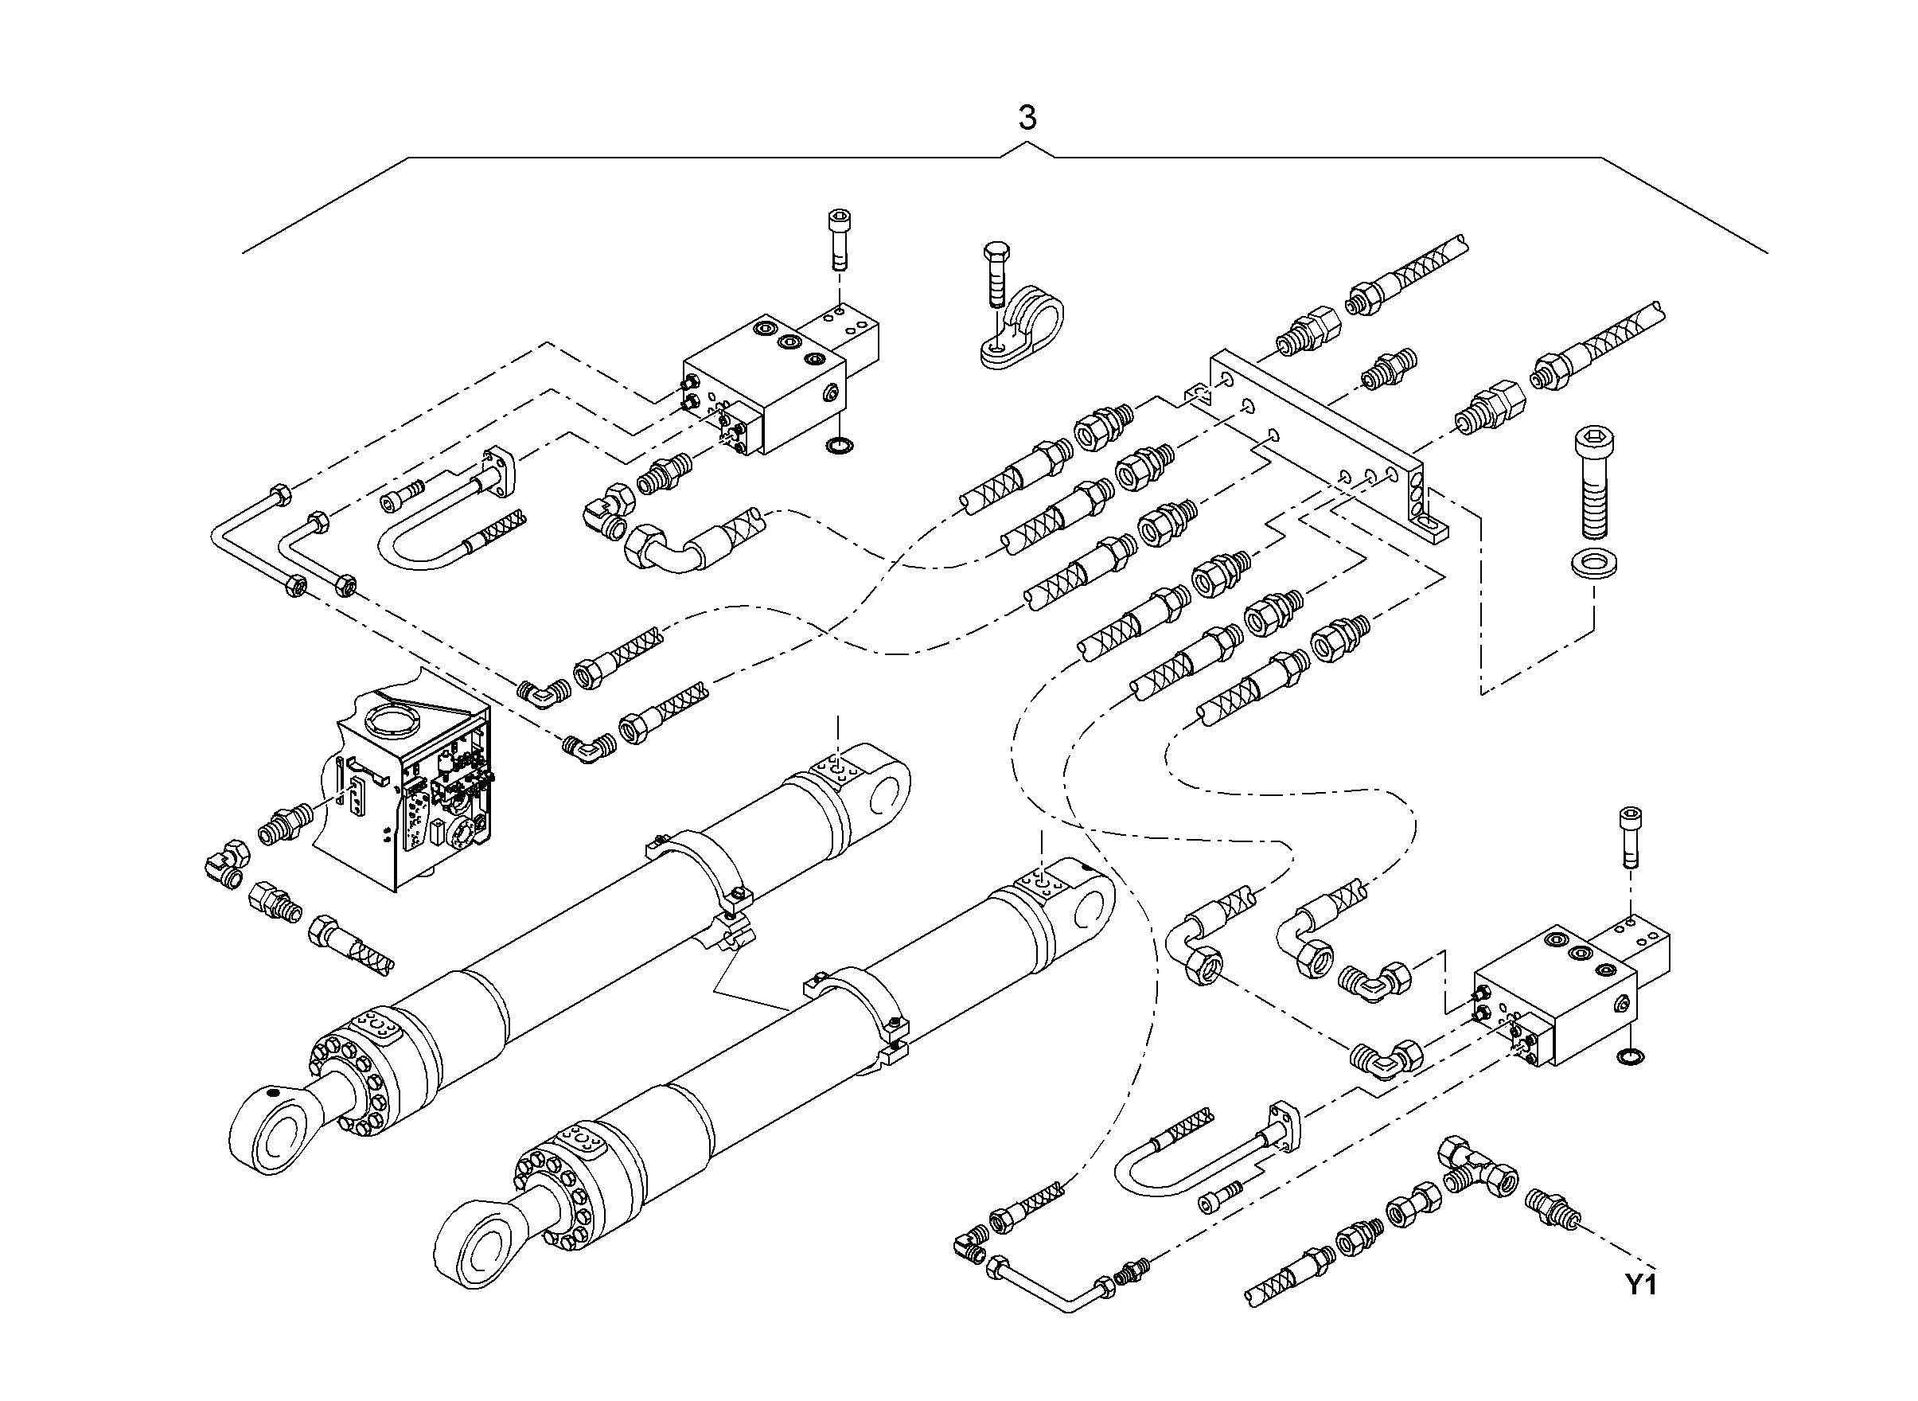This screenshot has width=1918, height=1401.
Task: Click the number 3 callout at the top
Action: (1027, 118)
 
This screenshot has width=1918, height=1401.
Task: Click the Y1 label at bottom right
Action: (1640, 1285)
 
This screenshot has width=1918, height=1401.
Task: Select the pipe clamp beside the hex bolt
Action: (1022, 329)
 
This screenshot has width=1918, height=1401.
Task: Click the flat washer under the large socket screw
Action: (1593, 563)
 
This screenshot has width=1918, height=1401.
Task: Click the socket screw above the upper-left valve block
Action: (838, 239)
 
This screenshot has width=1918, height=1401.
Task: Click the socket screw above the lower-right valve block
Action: (1630, 836)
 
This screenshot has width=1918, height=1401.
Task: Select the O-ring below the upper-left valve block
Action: (840, 445)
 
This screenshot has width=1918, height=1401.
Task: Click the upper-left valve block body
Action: (763, 386)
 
